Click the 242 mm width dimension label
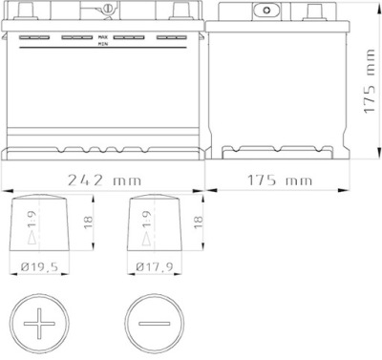(x=104, y=180)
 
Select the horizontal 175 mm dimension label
(x=280, y=180)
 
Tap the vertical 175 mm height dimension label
(x=370, y=81)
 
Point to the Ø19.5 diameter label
(x=40, y=266)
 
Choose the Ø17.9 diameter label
(x=155, y=266)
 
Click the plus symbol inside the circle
(x=39, y=324)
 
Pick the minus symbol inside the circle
(x=154, y=324)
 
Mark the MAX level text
(x=103, y=37)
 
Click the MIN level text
(x=103, y=44)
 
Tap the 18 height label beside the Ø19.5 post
(x=88, y=222)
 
